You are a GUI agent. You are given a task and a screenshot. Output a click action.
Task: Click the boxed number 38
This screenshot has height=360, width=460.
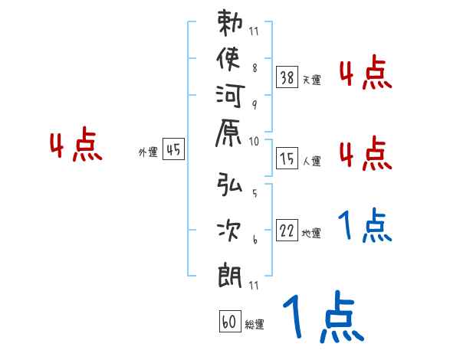(x=287, y=77)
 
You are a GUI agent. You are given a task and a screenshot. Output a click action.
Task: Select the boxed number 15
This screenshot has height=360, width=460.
(x=287, y=159)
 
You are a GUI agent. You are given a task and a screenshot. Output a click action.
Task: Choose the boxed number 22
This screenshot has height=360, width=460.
(x=287, y=232)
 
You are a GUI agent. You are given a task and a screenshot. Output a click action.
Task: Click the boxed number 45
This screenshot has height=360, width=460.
(x=173, y=150)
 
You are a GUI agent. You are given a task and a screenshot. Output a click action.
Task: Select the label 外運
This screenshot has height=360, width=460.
(x=147, y=152)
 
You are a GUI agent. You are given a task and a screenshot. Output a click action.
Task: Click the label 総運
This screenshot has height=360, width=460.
(x=255, y=325)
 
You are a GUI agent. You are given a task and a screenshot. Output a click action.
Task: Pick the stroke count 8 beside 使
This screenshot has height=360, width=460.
(x=255, y=67)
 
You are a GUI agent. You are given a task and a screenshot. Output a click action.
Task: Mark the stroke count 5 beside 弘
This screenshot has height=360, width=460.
(x=255, y=194)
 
